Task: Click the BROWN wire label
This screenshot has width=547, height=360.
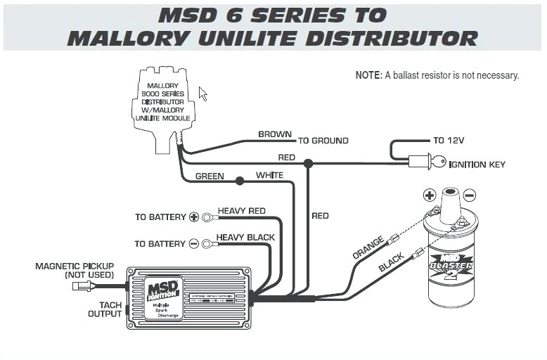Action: pyautogui.click(x=275, y=134)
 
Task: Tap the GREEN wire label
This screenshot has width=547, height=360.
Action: pyautogui.click(x=210, y=176)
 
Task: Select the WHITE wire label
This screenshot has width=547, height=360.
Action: pyautogui.click(x=270, y=175)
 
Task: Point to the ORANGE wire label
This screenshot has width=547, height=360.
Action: pyautogui.click(x=368, y=249)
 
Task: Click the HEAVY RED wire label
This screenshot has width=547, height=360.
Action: pyautogui.click(x=241, y=211)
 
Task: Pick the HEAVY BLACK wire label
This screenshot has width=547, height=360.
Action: pyautogui.click(x=245, y=238)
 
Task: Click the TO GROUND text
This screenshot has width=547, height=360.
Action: pyautogui.click(x=323, y=141)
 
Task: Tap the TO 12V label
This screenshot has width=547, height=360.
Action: pyautogui.click(x=449, y=141)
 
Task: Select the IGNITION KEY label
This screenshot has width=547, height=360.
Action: pyautogui.click(x=477, y=165)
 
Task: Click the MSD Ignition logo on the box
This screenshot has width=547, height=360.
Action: pyautogui.click(x=163, y=290)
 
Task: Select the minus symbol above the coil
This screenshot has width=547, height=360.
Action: pyautogui.click(x=469, y=195)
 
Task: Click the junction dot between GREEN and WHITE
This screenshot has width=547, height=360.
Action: pyautogui.click(x=240, y=181)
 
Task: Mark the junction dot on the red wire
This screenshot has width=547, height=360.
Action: pyautogui.click(x=308, y=163)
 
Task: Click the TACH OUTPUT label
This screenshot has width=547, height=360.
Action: pyautogui.click(x=104, y=309)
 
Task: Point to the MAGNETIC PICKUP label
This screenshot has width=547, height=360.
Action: pyautogui.click(x=74, y=271)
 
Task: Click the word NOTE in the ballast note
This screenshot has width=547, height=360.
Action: pyautogui.click(x=368, y=75)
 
